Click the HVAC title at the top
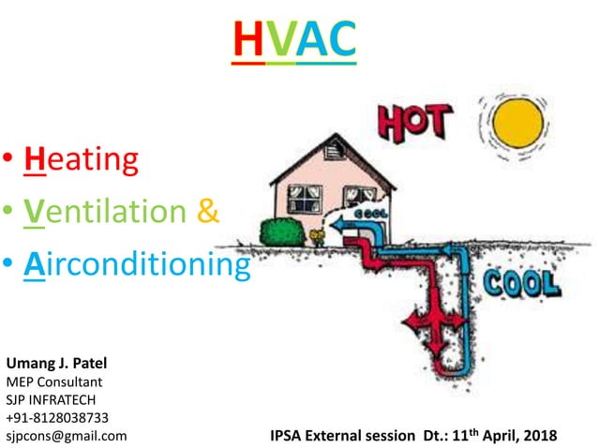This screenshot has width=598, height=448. (293, 39)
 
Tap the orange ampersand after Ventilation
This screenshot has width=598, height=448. (209, 212)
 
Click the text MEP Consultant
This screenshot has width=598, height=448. (54, 382)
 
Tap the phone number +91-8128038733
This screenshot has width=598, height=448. (57, 418)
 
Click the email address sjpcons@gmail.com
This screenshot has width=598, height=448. (67, 436)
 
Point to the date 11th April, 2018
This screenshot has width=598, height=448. (505, 436)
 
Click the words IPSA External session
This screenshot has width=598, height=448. (342, 437)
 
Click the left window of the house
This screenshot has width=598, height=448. (304, 198)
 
